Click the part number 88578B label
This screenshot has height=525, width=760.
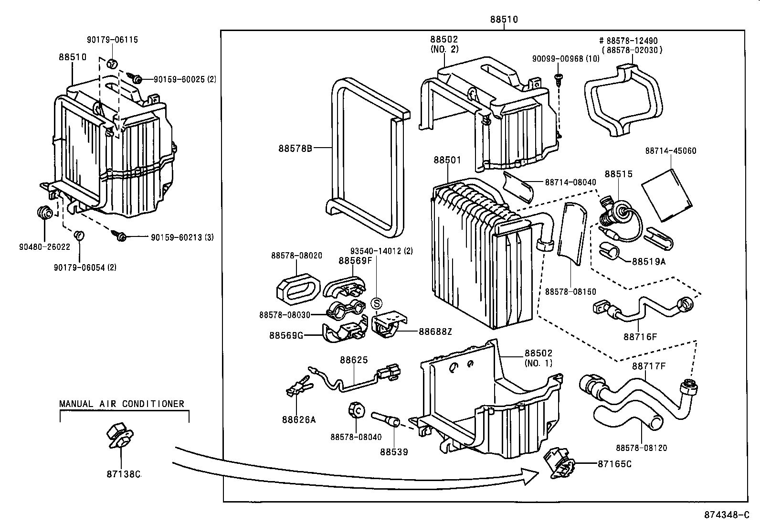pyautogui.click(x=295, y=148)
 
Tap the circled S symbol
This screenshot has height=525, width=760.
pyautogui.click(x=377, y=303)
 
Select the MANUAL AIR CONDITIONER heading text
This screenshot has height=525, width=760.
pyautogui.click(x=122, y=404)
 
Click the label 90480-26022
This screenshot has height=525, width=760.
pyautogui.click(x=44, y=247)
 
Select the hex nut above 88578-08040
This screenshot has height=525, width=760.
pyautogui.click(x=356, y=410)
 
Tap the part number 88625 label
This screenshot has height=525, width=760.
pyautogui.click(x=354, y=360)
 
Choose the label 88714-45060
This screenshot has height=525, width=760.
pyautogui.click(x=670, y=151)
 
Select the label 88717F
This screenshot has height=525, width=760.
pyautogui.click(x=649, y=366)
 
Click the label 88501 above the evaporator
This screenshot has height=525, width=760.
pyautogui.click(x=447, y=160)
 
